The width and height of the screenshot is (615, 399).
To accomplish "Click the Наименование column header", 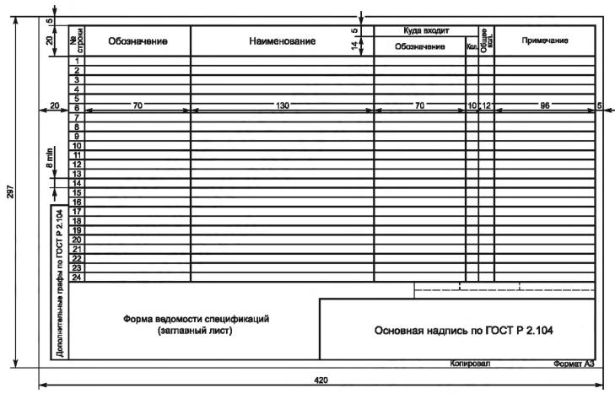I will pyautogui.click(x=282, y=40).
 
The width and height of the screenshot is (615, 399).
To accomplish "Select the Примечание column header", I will pyautogui.click(x=544, y=40).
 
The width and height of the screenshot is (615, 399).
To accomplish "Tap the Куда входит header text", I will pyautogui.click(x=419, y=30).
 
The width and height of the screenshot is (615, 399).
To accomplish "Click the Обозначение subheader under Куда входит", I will pyautogui.click(x=419, y=46).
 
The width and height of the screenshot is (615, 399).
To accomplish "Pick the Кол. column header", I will pyautogui.click(x=472, y=47).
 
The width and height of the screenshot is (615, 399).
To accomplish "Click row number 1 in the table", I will pyautogui.click(x=77, y=62).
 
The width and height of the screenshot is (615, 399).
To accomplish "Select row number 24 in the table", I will pyautogui.click(x=77, y=277).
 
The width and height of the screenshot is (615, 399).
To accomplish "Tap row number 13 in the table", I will pyautogui.click(x=77, y=174).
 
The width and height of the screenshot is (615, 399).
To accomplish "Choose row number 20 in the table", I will pyautogui.click(x=77, y=240).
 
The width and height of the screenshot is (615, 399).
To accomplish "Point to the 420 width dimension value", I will pyautogui.click(x=321, y=381).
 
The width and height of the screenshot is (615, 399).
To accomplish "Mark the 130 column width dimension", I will pyautogui.click(x=282, y=105).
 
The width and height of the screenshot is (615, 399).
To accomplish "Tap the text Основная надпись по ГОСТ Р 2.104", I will pyautogui.click(x=456, y=330).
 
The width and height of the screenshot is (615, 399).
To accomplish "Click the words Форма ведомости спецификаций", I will pyautogui.click(x=195, y=320).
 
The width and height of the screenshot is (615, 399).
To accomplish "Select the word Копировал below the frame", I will pyautogui.click(x=471, y=364).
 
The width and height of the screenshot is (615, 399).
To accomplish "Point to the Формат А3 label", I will pyautogui.click(x=574, y=364).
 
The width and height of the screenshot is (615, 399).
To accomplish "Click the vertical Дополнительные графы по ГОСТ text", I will pyautogui.click(x=58, y=282).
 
